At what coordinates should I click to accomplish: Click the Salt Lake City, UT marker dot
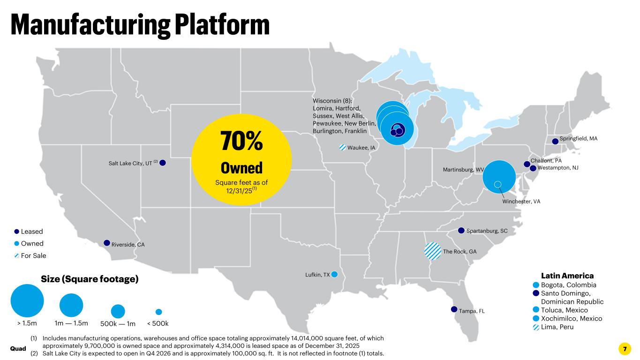pos(163,163)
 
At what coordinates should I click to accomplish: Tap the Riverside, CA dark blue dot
pos(107,243)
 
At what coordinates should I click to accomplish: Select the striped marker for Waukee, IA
pos(343,148)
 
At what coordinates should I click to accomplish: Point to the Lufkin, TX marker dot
pos(334,274)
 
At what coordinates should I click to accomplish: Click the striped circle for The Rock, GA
pos(433,251)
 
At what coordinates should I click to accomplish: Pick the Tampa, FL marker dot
pos(454,309)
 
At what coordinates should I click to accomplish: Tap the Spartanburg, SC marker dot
pos(461,231)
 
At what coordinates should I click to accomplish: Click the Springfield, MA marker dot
pos(555,142)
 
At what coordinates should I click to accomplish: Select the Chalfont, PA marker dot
pos(527,164)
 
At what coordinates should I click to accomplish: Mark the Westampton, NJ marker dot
pos(533,169)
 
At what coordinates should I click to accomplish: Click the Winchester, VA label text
pos(521,202)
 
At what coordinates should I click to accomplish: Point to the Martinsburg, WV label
pos(463,170)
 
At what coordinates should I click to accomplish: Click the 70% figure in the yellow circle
pos(241,141)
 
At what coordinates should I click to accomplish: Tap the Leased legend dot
pos(16,232)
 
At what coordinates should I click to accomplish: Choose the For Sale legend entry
pos(30,255)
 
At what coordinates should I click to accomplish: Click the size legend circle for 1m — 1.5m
pos(71,305)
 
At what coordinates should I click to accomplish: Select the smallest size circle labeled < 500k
pos(158,312)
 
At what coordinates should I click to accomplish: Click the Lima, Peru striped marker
pos(536,327)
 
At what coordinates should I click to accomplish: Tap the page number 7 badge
pos(625,349)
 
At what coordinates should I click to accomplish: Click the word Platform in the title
pos(222,25)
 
